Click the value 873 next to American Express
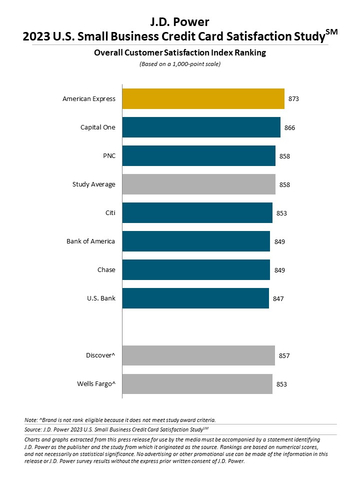click(x=293, y=99)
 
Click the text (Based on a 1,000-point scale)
click(x=180, y=64)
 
